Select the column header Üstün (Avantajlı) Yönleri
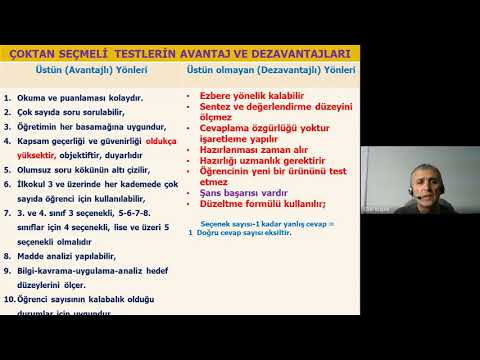click(91, 71)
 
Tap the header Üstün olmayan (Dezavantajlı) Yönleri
click(270, 71)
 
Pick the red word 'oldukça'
click(163, 142)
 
